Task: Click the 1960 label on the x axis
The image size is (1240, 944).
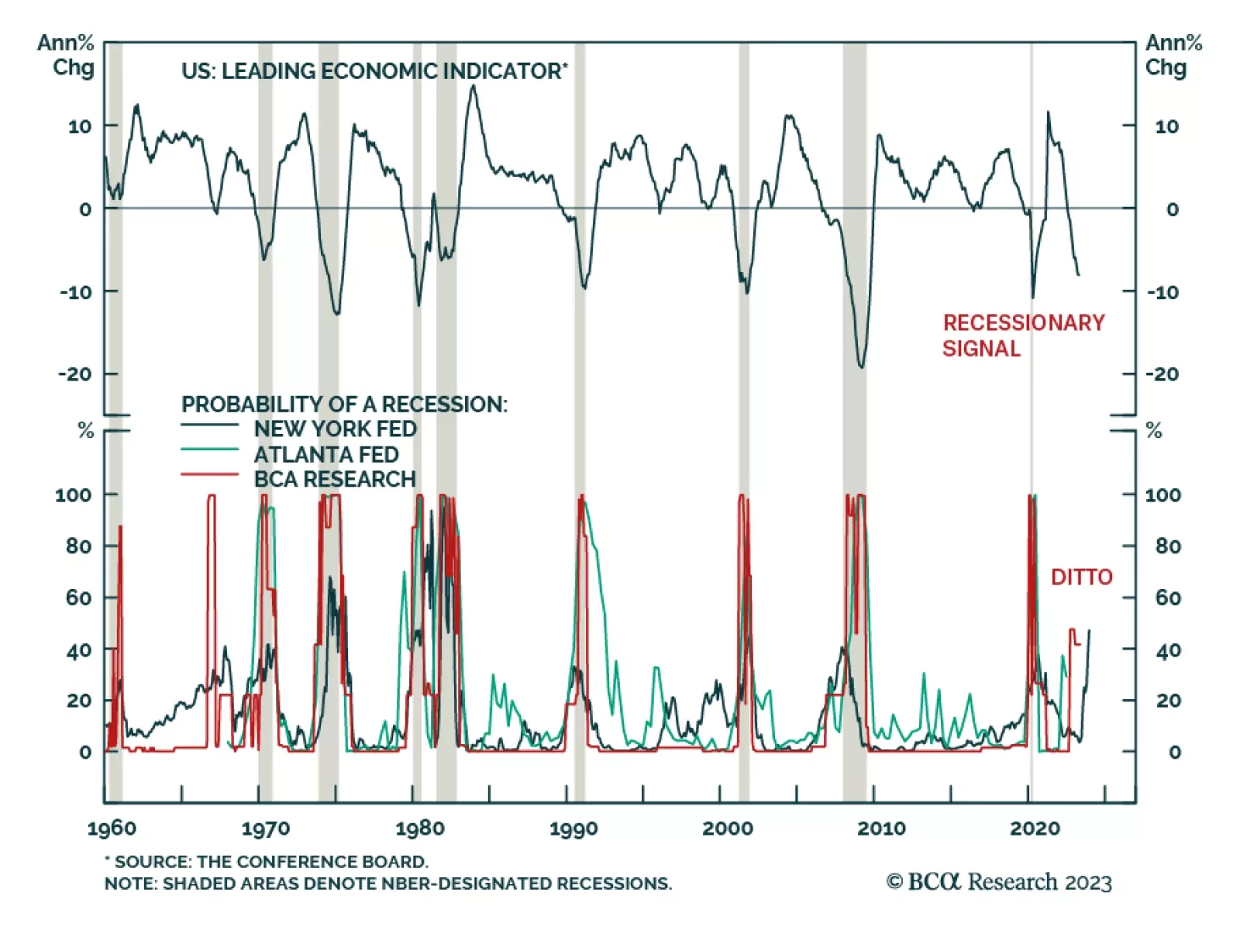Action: click(111, 829)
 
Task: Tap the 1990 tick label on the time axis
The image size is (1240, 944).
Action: click(573, 829)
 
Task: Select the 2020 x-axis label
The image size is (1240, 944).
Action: click(1035, 829)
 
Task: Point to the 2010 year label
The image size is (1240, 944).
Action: click(881, 829)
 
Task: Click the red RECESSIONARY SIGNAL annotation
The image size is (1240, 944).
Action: click(1023, 336)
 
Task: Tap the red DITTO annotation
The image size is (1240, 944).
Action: click(1081, 577)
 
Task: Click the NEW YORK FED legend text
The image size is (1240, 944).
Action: click(335, 429)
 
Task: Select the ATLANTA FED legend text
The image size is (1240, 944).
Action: click(325, 454)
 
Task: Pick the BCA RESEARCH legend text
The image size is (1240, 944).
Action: click(335, 479)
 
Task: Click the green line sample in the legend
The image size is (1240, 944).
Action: click(209, 450)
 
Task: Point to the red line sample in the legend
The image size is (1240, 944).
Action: click(209, 474)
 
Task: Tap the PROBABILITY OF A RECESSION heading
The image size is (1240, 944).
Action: click(344, 404)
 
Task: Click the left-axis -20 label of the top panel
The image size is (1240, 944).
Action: click(75, 374)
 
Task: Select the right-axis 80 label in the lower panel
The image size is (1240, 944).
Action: click(1168, 546)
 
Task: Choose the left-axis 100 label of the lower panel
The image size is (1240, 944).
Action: click(73, 494)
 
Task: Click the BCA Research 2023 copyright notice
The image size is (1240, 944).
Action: click(999, 882)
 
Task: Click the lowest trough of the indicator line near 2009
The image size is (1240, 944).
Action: click(861, 367)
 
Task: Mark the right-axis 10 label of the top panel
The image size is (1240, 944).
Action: click(1166, 126)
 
